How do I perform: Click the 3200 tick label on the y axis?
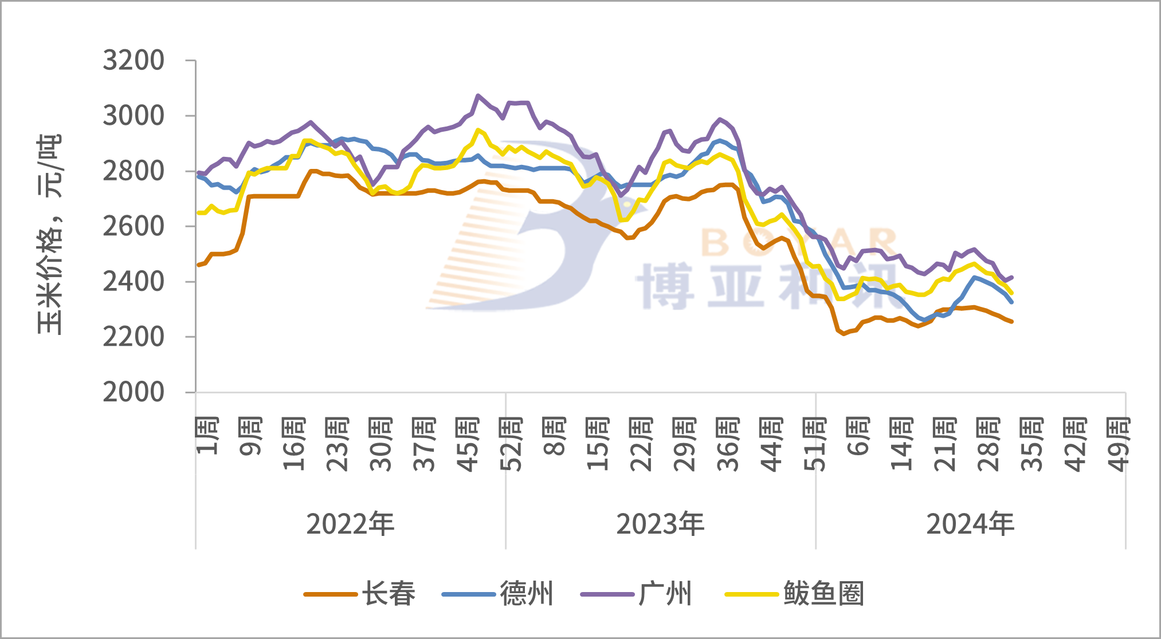pos(134,61)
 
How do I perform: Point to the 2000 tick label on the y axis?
pos(134,393)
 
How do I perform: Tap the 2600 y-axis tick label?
pos(134,227)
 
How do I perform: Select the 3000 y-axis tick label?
pos(134,116)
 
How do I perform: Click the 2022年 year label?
pos(350,524)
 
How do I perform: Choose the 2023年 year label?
pos(660,524)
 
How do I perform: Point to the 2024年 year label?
pos(970,524)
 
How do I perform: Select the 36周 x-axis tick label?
pos(728,444)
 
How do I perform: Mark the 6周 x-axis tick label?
pos(858,436)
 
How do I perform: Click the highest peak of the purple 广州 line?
pos(478,96)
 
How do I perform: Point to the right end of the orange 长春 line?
pos(1011,322)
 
